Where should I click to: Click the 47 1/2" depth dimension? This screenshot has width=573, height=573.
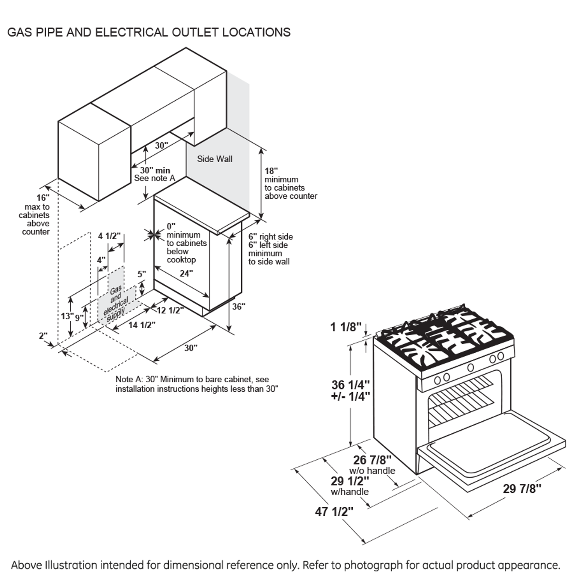click(x=334, y=511)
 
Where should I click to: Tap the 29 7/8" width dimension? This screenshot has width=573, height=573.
click(x=522, y=488)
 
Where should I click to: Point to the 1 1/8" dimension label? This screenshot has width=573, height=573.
click(x=346, y=327)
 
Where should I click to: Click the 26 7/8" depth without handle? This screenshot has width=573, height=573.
click(x=372, y=460)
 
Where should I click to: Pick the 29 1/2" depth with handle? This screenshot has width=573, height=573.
click(x=350, y=481)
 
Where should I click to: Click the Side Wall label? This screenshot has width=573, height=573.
click(x=215, y=159)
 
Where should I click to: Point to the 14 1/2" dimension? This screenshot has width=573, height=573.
click(x=141, y=325)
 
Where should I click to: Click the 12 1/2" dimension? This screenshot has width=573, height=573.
click(x=170, y=310)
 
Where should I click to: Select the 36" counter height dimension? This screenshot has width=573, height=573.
click(x=239, y=307)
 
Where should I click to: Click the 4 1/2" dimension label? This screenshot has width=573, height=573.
click(x=110, y=236)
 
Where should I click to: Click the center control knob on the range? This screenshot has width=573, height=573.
click(x=470, y=368)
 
